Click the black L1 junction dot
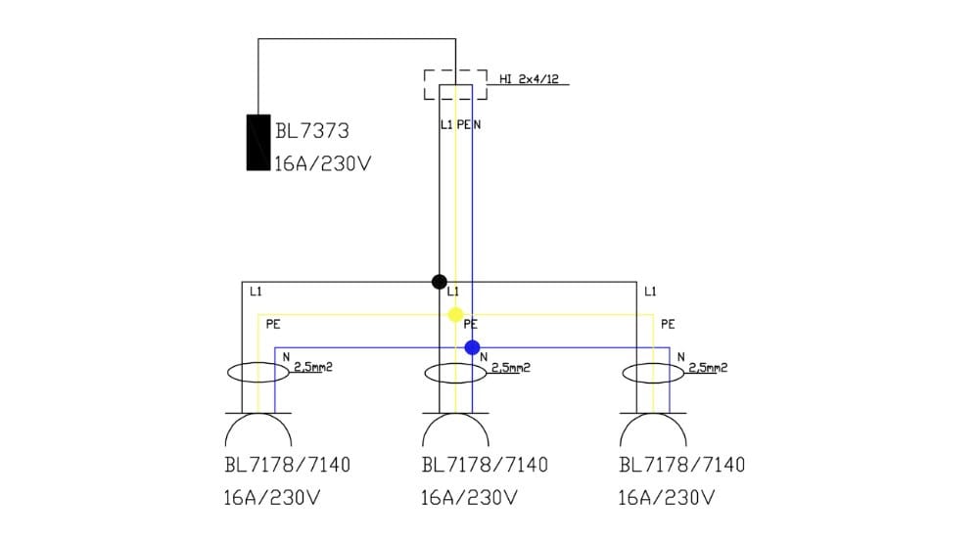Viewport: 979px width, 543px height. (x=440, y=282)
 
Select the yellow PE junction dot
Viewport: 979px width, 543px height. (x=455, y=314)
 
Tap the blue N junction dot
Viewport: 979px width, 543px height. (x=472, y=347)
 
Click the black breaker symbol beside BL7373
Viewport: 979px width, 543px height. (x=257, y=143)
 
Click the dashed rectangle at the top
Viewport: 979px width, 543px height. (x=455, y=84)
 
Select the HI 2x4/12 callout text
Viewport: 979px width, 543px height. (x=529, y=79)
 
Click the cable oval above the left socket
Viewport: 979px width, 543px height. (x=257, y=373)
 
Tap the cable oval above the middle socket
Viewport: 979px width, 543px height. (x=455, y=373)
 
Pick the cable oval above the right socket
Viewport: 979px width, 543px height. (x=653, y=373)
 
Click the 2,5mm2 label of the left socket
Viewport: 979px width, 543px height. (x=313, y=368)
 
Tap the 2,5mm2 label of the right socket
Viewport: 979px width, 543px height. (x=708, y=368)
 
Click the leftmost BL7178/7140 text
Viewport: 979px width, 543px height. (x=287, y=465)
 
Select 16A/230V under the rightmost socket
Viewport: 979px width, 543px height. (x=666, y=498)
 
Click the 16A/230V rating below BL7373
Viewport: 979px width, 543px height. (x=322, y=163)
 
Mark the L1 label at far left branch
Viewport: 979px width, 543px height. (x=256, y=292)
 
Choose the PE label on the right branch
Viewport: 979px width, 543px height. (x=668, y=324)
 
